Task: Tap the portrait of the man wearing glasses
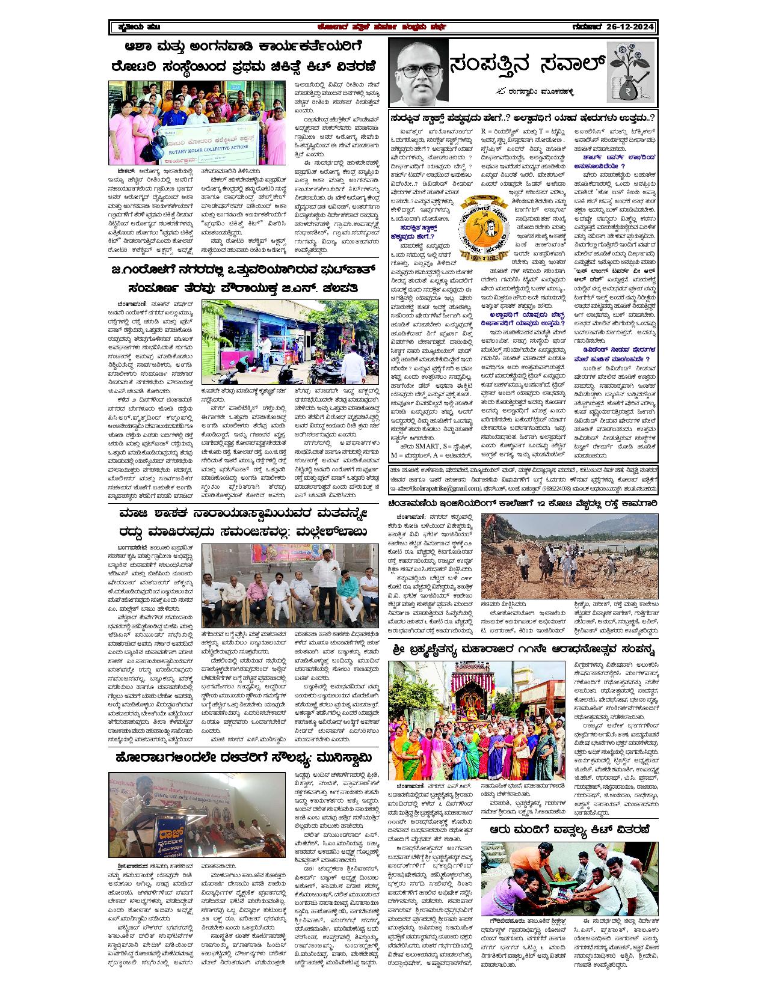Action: (x=417, y=73)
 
